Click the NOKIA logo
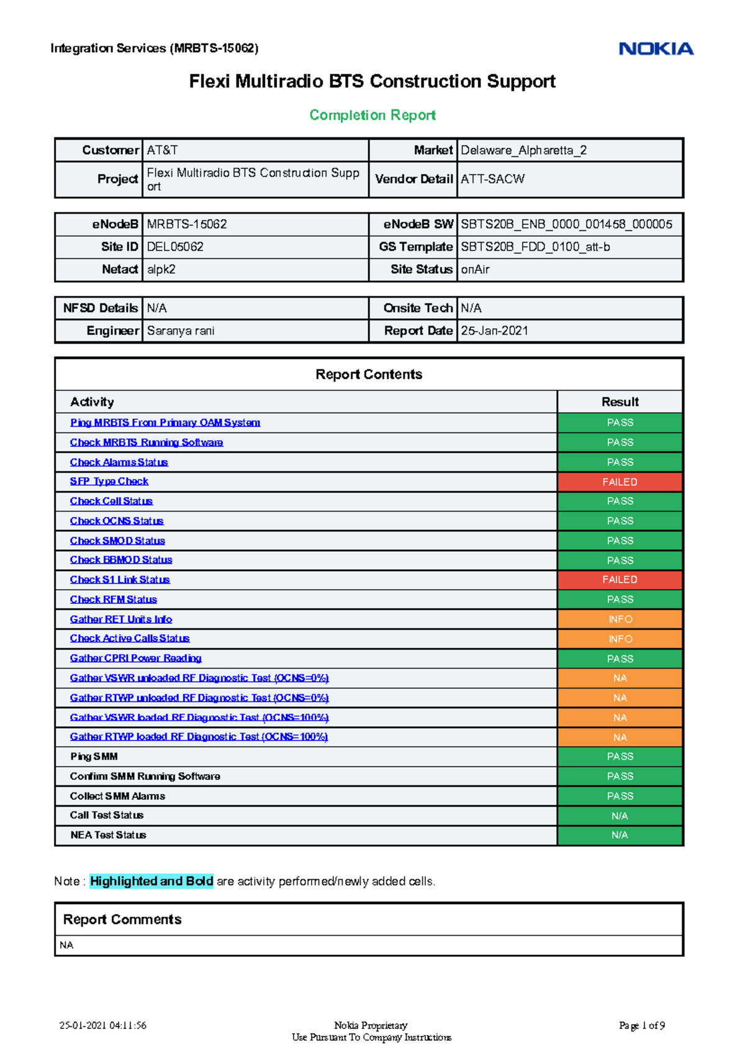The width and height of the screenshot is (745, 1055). (x=656, y=49)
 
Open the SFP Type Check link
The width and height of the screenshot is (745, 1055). (x=109, y=482)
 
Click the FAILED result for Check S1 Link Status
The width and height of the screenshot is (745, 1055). (x=620, y=580)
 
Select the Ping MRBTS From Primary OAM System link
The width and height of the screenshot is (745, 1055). (x=165, y=422)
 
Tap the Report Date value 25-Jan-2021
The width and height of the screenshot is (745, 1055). (x=494, y=331)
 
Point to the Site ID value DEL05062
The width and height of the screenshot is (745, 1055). (x=175, y=247)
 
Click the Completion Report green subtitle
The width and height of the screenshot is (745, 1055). (x=372, y=116)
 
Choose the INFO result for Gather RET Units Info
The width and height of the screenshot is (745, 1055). (x=620, y=619)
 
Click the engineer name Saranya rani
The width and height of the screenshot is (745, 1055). (x=181, y=331)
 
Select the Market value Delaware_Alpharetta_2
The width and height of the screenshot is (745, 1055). (x=523, y=150)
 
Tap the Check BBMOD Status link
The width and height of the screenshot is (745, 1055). (x=121, y=560)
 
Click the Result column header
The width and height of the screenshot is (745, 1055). (x=620, y=402)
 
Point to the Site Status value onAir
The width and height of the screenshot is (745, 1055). (x=475, y=270)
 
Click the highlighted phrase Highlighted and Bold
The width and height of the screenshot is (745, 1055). (x=151, y=881)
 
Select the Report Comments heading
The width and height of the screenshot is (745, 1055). (x=122, y=920)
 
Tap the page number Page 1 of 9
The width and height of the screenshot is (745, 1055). (x=641, y=1026)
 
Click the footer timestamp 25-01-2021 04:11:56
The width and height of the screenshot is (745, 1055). (x=103, y=1026)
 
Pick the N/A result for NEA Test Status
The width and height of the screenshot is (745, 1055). (x=620, y=835)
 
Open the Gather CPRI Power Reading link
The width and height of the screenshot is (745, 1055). (x=136, y=658)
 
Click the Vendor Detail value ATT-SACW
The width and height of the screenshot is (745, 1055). (x=492, y=179)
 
